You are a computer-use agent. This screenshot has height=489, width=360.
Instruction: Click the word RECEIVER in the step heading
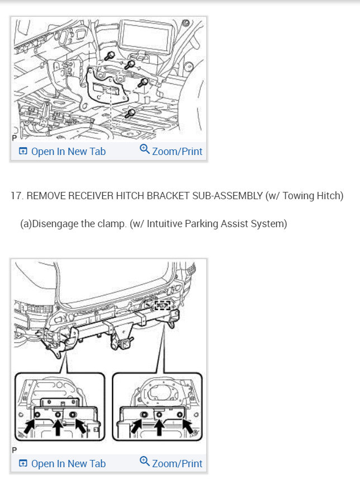(x=92, y=196)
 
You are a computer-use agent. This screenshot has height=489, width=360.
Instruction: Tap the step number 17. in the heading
(x=17, y=196)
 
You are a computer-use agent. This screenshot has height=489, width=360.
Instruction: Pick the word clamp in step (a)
(x=111, y=224)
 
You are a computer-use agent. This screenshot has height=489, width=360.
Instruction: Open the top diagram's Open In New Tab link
(x=62, y=151)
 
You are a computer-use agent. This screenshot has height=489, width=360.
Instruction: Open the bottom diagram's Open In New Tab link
(x=62, y=463)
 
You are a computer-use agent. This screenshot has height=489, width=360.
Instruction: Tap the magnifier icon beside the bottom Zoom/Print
(x=145, y=462)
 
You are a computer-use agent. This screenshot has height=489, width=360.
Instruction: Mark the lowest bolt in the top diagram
(x=131, y=114)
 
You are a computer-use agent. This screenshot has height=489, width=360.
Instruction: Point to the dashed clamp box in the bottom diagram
(x=162, y=305)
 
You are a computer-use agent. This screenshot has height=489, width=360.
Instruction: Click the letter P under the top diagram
(x=14, y=138)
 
